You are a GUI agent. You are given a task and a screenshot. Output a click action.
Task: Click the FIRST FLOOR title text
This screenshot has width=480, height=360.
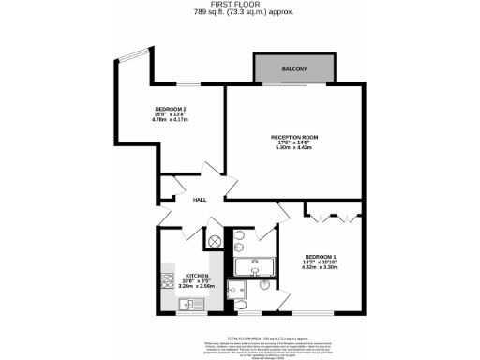pyautogui.click(x=241, y=6)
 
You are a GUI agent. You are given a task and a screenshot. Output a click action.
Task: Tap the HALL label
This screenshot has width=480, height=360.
pyautogui.click(x=199, y=200)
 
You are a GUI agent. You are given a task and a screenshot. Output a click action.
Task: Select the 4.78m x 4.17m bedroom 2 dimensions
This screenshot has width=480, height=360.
pyautogui.click(x=170, y=121)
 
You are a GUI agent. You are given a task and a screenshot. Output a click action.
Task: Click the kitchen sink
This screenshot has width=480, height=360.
pyautogui.click(x=185, y=305)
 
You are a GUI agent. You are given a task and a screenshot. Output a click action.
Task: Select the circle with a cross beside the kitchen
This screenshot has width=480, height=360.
pyautogui.click(x=215, y=241)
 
